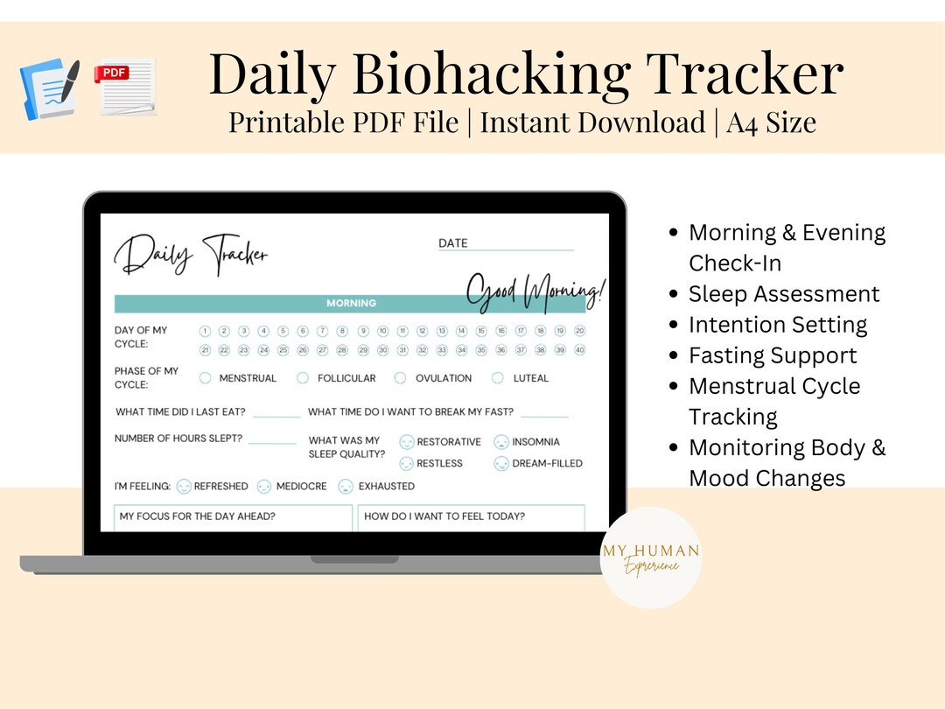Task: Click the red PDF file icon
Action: pyautogui.click(x=125, y=86)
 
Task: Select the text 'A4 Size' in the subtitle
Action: pyautogui.click(x=771, y=123)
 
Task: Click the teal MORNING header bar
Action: pyautogui.click(x=350, y=304)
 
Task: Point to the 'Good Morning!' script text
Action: pyautogui.click(x=535, y=291)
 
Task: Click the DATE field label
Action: pyautogui.click(x=453, y=243)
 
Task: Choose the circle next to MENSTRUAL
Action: pyautogui.click(x=206, y=378)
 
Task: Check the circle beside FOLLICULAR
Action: pyautogui.click(x=303, y=378)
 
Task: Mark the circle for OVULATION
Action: pyautogui.click(x=400, y=378)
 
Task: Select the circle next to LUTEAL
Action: pyautogui.click(x=498, y=378)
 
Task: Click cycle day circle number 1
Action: pyautogui.click(x=205, y=331)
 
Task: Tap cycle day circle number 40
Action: pyautogui.click(x=579, y=350)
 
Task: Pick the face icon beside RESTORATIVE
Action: pyautogui.click(x=406, y=442)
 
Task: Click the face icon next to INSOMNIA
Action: pyautogui.click(x=501, y=442)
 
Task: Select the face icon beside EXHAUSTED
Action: pyautogui.click(x=346, y=486)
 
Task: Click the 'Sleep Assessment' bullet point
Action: pyautogui.click(x=784, y=294)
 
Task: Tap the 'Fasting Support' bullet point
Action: pyautogui.click(x=773, y=355)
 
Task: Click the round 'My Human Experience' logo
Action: pyautogui.click(x=651, y=558)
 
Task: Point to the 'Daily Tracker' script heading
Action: pyautogui.click(x=191, y=255)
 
